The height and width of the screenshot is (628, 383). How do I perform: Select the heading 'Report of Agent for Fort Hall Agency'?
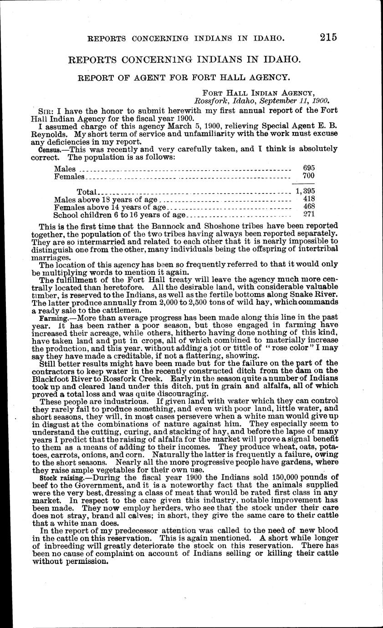point(185,78)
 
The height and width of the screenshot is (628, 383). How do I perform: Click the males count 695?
point(309,168)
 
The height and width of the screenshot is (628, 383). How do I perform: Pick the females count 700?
point(309,176)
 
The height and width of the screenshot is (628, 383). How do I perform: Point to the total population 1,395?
point(305,191)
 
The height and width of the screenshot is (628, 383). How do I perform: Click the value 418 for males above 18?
point(309,199)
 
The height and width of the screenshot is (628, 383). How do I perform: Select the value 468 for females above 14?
point(309,207)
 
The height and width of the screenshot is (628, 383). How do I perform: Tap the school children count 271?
point(309,214)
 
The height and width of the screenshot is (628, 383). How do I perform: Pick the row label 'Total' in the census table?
point(87,192)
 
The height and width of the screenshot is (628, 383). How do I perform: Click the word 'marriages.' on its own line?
point(49,257)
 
